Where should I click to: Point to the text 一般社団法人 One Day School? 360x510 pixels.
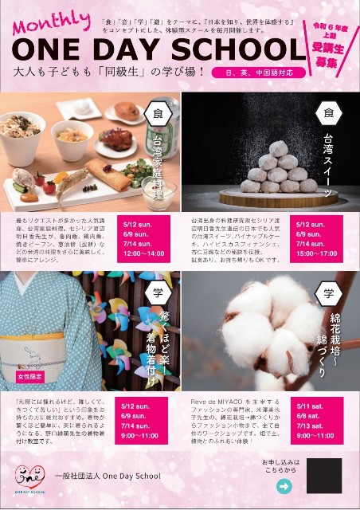(108, 477)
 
